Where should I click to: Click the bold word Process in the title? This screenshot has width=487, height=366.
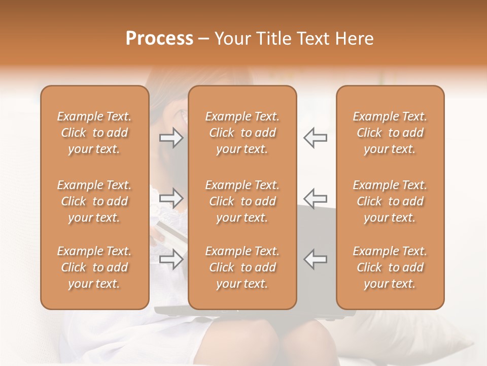coord(159,39)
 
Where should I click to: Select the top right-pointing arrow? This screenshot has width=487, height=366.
coord(171,137)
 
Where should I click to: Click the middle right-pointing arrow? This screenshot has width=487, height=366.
coord(171,198)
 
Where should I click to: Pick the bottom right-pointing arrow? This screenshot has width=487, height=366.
coord(171,259)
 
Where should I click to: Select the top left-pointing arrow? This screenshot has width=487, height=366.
coord(315,137)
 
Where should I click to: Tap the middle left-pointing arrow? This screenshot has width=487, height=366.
coord(315,198)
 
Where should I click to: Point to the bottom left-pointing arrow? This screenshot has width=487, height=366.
coord(315,259)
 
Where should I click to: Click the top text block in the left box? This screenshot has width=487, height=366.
coord(94,133)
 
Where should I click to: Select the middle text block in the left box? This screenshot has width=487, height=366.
coord(94,201)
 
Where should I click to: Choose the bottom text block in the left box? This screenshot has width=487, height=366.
coord(94,267)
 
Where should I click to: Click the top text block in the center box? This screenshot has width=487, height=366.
coord(242,133)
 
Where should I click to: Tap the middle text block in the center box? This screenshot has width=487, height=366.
coord(242,201)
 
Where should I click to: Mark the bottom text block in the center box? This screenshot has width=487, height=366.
coord(242,267)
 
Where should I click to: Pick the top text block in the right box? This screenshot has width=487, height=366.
coord(390,133)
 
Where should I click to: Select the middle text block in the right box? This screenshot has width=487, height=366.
coord(390,201)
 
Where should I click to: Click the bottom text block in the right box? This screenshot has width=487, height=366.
coord(390,267)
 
